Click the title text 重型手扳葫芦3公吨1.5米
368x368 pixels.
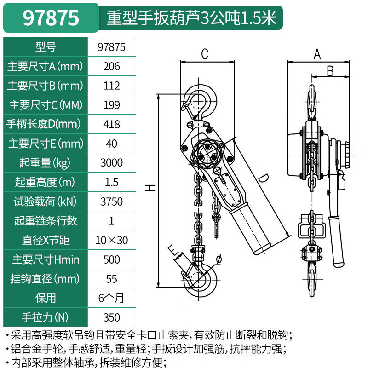click(191, 17)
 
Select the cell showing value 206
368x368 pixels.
click(112, 66)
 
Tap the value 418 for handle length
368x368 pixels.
click(112, 124)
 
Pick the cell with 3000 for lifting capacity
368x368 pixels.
click(112, 162)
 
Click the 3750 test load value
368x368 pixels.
click(112, 201)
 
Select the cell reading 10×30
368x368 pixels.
click(112, 240)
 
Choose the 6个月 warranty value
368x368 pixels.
click(112, 298)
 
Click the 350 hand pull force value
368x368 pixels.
click(112, 317)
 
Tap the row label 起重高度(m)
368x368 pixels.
click(45, 182)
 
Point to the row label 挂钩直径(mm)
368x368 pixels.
click(45, 278)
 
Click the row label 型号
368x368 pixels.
click(45, 47)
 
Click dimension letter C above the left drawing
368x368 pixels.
click(205, 54)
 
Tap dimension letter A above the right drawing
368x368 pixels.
click(316, 54)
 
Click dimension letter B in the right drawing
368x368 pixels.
click(330, 71)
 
